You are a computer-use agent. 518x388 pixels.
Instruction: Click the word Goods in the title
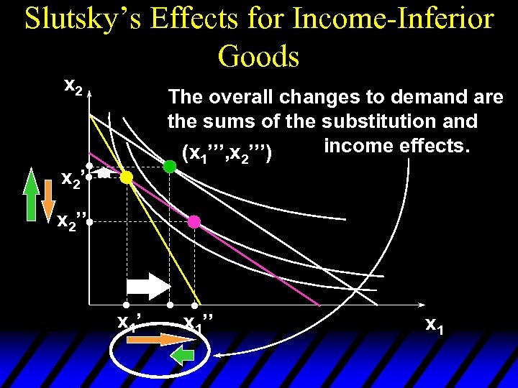pos(258,55)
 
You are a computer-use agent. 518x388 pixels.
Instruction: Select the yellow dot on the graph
pos(126,177)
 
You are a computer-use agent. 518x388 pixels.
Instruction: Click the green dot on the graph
pos(170,167)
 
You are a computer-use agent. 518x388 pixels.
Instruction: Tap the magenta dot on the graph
pos(194,221)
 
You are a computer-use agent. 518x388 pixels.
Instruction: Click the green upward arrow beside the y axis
pos(30,194)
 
